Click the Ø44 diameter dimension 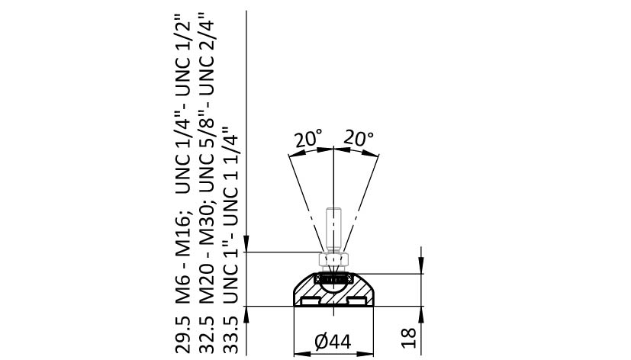tap(333, 342)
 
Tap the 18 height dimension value tap(409, 338)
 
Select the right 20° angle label tap(358, 138)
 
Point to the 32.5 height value tap(207, 334)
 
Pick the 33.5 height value tap(231, 334)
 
